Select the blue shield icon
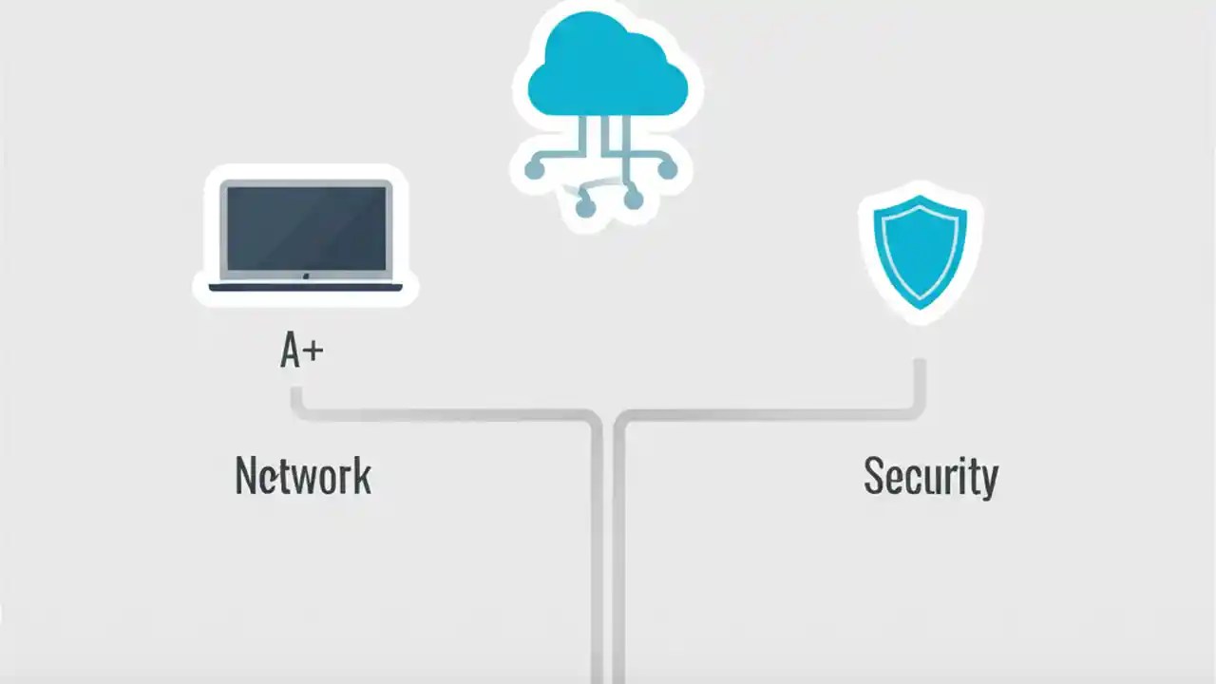click(x=920, y=249)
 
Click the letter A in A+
click(x=291, y=351)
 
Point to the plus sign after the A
click(x=313, y=351)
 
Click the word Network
click(x=303, y=476)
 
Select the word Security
click(x=930, y=476)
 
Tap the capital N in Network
click(x=245, y=476)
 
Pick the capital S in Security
click(x=874, y=476)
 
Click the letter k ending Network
click(x=362, y=476)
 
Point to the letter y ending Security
click(x=989, y=481)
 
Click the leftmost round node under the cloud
click(x=535, y=171)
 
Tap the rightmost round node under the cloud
click(x=668, y=170)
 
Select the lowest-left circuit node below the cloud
click(x=585, y=205)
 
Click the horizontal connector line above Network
click(x=446, y=415)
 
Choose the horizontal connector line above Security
click(x=769, y=415)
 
